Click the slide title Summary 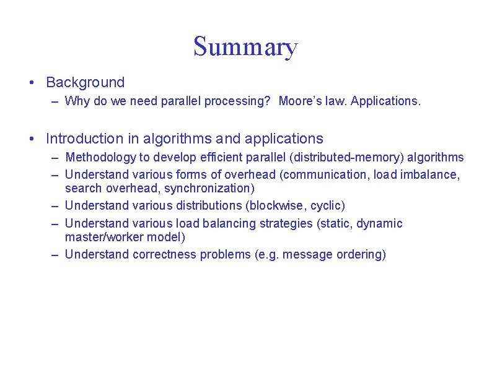point(245,47)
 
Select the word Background point(86,82)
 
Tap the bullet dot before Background point(31,82)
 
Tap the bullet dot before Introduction point(31,139)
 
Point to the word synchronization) point(209,188)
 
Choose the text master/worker point(104,237)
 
